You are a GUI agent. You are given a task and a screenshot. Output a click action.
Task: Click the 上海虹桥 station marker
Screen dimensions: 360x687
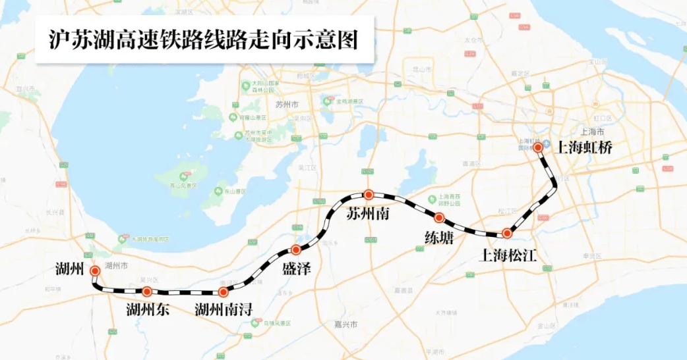point(539,148)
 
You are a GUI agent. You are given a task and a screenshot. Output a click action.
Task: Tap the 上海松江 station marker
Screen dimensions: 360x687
point(506,233)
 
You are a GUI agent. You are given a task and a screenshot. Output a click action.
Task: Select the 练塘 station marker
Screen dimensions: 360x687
point(439,218)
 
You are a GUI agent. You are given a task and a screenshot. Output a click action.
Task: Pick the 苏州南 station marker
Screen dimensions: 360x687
point(369,194)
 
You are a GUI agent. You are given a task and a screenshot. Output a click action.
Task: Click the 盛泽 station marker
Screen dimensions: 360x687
point(296,249)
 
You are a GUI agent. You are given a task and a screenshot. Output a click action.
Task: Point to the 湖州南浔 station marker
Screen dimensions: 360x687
point(224,292)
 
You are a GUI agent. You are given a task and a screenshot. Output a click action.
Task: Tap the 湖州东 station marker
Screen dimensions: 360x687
point(147,291)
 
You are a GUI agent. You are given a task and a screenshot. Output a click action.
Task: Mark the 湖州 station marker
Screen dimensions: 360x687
point(95,270)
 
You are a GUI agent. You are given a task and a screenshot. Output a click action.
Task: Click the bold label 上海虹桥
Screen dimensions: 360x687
point(585,148)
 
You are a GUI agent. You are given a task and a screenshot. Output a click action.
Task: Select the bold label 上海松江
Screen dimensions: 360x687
point(508,255)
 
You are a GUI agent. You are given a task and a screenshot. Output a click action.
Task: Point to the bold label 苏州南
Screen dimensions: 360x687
point(367,214)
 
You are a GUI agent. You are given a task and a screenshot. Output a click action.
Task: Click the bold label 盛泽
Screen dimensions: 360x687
point(295,270)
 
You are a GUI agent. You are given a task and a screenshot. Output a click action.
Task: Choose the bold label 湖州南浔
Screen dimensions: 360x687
point(224,310)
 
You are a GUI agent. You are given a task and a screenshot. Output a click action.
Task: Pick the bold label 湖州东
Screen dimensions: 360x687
point(148,310)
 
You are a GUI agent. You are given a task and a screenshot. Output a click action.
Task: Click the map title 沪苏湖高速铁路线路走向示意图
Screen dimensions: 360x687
point(204,39)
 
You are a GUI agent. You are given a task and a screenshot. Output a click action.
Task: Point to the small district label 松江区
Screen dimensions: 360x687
point(508,211)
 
